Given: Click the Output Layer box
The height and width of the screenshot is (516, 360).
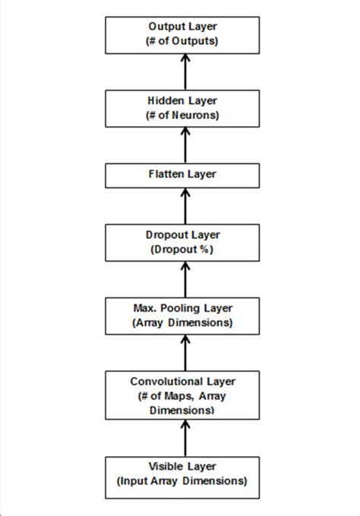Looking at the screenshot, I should pos(182,35).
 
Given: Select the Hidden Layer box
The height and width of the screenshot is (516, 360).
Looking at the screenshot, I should pos(182,109).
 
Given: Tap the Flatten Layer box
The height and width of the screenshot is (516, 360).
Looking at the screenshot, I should pos(182,175).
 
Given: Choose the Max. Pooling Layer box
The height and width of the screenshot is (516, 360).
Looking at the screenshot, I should pos(182,314).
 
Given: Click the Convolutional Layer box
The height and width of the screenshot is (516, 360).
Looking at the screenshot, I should pos(182,393).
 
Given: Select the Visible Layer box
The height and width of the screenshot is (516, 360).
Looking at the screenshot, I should pos(182,474).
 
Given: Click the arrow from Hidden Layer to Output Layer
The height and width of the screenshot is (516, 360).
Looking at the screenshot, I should pos(182,72).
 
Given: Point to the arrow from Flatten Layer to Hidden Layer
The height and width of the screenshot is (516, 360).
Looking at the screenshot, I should pos(182,145).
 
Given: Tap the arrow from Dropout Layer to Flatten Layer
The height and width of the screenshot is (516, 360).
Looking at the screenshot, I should pos(182,204).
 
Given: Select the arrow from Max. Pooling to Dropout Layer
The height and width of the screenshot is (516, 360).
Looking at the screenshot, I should pos(182,278).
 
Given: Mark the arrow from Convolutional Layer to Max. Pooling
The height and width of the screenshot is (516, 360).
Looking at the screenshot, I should pos(182,351).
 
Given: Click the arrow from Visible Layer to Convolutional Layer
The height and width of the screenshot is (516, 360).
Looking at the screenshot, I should pos(182,436).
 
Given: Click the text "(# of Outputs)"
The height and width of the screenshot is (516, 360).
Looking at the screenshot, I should pos(182,42).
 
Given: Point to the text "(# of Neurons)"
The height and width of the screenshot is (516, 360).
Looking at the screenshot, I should pos(182,115).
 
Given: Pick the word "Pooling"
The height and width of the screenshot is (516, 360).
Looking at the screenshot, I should pos(192,307).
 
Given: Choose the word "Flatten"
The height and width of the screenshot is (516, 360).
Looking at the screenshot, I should pos(168,175).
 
